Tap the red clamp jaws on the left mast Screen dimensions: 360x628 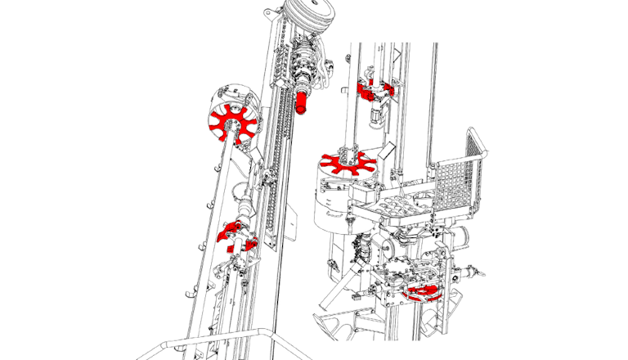(x=235, y=235)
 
